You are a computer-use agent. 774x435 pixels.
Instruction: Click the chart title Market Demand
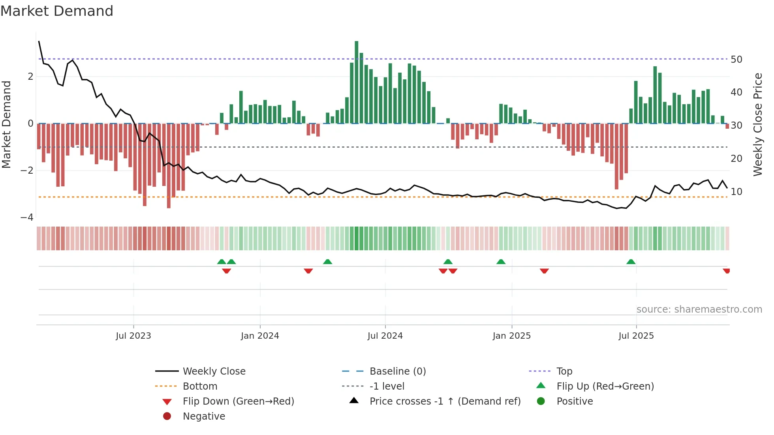point(57,11)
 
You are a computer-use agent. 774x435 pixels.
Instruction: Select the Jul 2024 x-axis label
point(385,336)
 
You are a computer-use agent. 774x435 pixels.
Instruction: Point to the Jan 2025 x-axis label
point(511,336)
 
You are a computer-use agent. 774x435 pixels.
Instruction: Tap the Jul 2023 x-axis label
point(133,336)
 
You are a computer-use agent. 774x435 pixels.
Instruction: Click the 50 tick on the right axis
point(736,60)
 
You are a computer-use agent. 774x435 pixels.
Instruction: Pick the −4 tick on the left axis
point(27,217)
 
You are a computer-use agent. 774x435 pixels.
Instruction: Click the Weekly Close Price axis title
point(757,124)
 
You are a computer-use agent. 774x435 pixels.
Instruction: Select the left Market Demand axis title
point(7,124)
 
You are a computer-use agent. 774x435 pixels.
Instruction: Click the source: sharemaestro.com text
point(699,309)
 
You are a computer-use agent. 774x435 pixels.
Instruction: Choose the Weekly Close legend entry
point(214,371)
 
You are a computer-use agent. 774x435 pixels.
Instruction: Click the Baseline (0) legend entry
point(397,371)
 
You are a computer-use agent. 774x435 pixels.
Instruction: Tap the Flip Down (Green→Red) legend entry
point(238,401)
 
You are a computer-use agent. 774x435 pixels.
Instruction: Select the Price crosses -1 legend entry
point(445,401)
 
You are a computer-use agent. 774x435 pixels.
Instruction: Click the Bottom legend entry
point(200,386)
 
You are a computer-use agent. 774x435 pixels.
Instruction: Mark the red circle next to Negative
point(167,416)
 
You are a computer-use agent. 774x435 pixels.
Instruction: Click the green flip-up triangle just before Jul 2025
point(631,262)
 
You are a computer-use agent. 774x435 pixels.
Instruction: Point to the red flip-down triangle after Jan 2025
point(544,271)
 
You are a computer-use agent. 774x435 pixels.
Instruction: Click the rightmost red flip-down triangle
point(726,271)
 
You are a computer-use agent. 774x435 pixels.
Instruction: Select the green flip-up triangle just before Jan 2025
point(501,262)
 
